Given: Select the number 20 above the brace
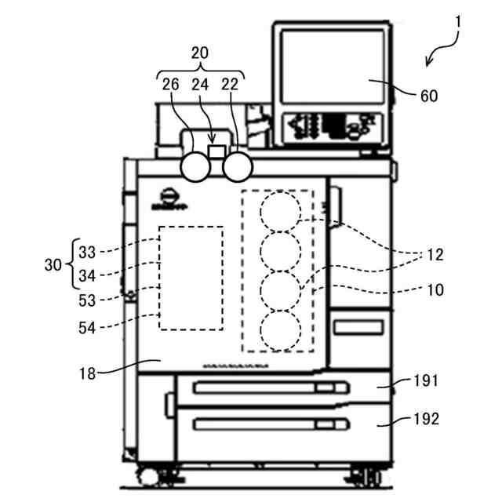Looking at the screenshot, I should point(201,53).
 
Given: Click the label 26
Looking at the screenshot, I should point(171,85).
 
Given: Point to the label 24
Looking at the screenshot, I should point(200,85).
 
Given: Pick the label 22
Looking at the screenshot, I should point(229,85).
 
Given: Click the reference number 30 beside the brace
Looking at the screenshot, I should point(53,265).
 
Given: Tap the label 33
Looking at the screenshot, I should point(87,253).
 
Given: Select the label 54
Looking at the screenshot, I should point(87,328).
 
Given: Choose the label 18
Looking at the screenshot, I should point(87,373).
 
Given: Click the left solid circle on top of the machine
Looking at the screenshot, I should point(196,166).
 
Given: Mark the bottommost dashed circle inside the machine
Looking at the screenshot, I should point(280,330).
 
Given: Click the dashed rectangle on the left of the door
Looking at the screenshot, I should point(191,278).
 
